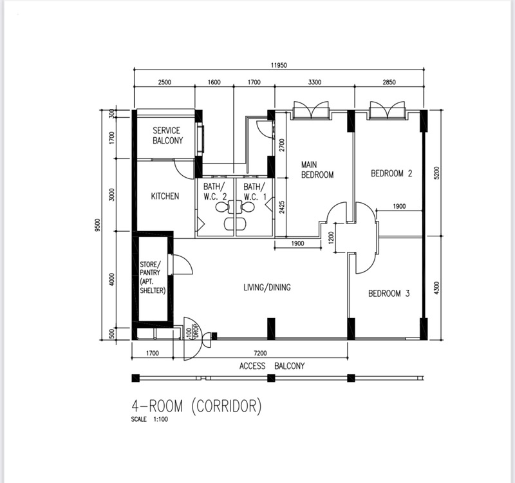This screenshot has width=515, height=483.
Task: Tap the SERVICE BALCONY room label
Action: [167, 135]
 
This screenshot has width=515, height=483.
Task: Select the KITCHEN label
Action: [165, 196]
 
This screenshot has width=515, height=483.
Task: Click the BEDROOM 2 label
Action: [391, 173]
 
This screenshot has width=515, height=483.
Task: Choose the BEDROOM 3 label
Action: [389, 294]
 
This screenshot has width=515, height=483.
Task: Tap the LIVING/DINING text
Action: [267, 287]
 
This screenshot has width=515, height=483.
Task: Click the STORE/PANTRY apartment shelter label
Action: [153, 278]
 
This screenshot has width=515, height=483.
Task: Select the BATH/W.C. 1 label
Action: [254, 192]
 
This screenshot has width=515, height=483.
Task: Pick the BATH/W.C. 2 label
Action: [215, 192]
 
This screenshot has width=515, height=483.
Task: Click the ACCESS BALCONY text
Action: [272, 366]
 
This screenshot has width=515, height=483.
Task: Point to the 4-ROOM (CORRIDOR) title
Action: [196, 406]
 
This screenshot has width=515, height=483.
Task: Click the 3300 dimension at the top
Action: [314, 82]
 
